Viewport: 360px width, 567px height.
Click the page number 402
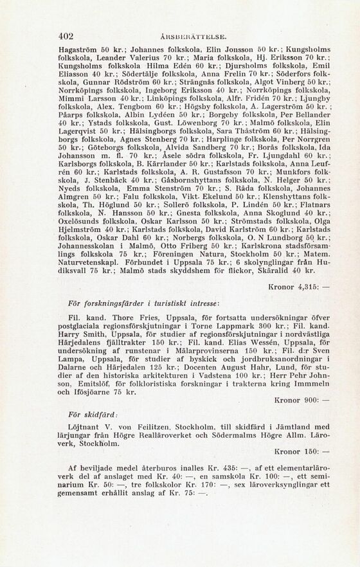(x=66, y=36)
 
